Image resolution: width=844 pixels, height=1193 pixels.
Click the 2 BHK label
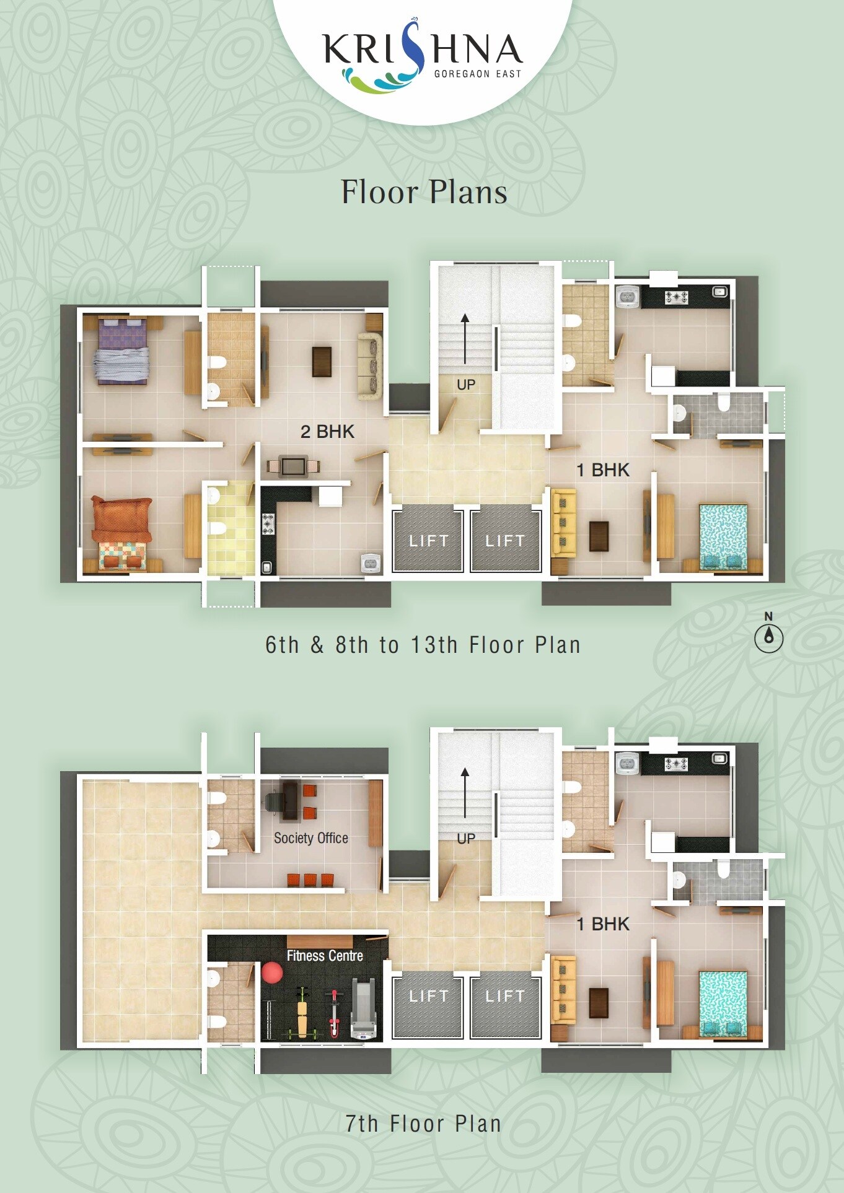click(327, 431)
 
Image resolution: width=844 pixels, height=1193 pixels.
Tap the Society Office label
click(311, 838)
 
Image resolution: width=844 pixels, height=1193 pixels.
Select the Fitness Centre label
click(325, 956)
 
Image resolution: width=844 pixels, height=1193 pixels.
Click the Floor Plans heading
click(424, 192)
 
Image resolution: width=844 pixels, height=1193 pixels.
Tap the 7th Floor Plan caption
click(423, 1124)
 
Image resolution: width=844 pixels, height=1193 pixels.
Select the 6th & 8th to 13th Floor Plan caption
click(423, 645)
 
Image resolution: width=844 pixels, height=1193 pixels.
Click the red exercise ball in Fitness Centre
click(272, 972)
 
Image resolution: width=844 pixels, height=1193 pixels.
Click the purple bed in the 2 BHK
click(122, 350)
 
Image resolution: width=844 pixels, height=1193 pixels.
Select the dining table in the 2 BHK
click(293, 466)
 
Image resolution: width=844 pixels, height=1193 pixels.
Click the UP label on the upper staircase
click(466, 385)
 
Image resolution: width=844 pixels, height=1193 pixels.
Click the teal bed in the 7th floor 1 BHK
click(723, 1003)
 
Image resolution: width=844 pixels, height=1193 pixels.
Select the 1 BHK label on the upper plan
click(603, 470)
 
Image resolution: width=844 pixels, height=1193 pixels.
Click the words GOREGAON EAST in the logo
click(478, 74)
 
